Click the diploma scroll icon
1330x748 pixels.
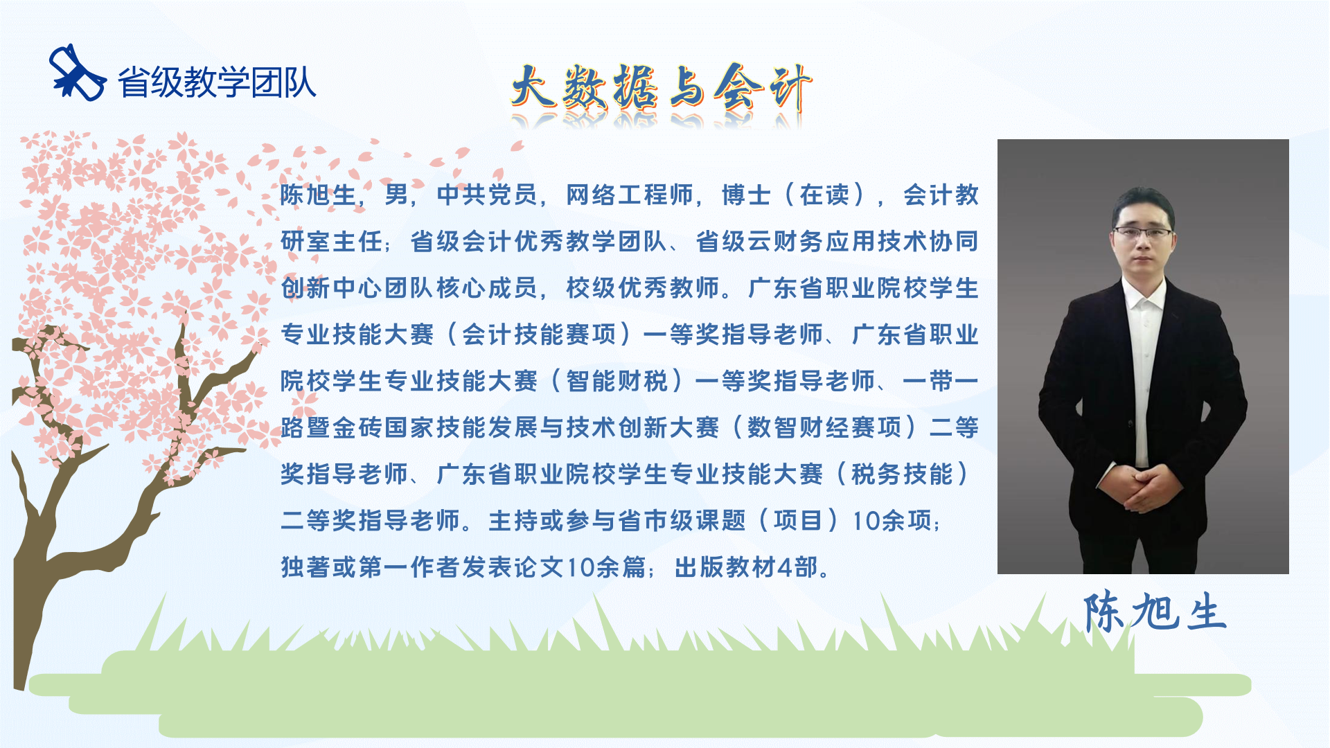coord(77,73)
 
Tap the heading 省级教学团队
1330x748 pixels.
coord(217,82)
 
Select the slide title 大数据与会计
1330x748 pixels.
coord(661,89)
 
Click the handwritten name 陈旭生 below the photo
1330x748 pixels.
coord(1155,612)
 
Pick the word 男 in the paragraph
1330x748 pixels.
coord(396,195)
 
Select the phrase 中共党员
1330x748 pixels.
coord(487,195)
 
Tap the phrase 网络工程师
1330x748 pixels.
coord(630,195)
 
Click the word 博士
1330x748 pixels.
coord(746,195)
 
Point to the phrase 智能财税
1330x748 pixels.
coord(617,381)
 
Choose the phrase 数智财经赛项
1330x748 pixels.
coord(824,427)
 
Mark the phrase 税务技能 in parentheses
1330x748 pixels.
coord(902,474)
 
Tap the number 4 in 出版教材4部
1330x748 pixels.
coord(785,567)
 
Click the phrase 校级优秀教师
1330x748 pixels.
coord(643,288)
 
